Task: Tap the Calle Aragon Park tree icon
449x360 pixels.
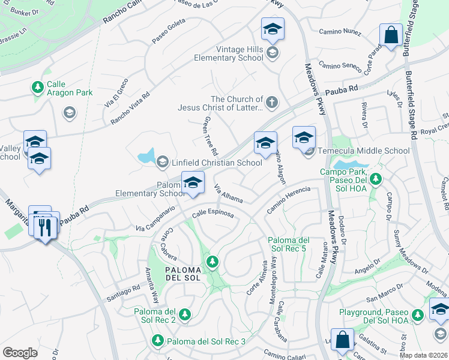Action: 38,88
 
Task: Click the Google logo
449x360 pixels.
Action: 20,353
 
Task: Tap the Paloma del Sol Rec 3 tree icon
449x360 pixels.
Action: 157,341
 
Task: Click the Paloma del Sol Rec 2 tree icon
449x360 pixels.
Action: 185,314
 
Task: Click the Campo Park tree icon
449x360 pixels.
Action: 376,179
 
